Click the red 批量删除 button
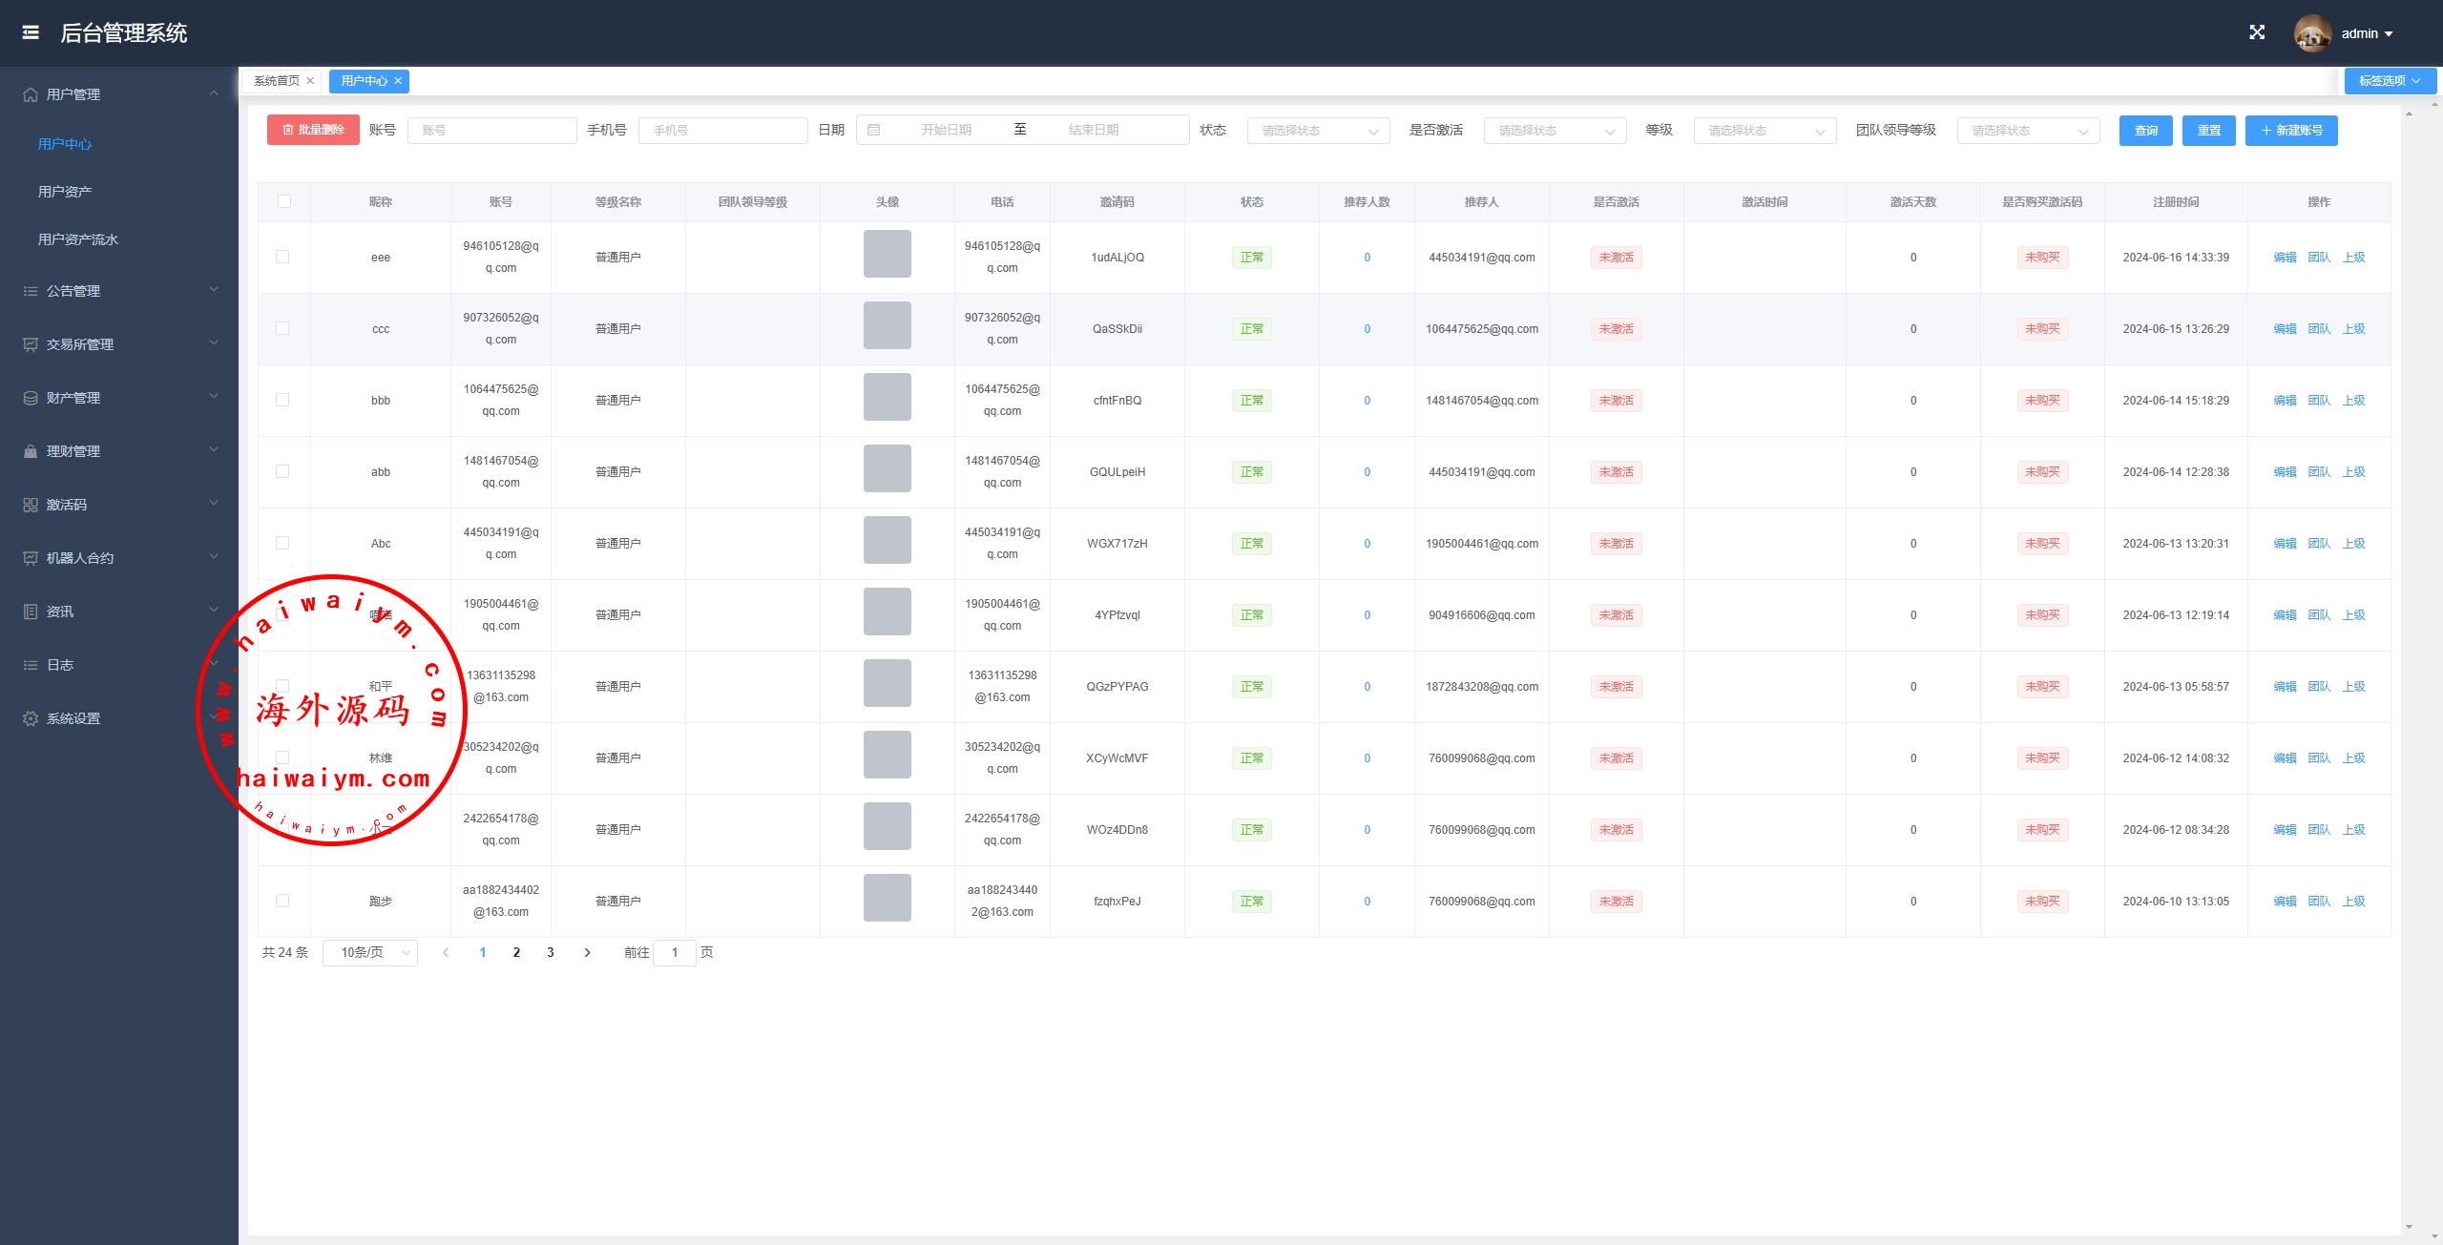point(313,130)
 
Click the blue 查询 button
point(2145,131)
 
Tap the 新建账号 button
point(2291,131)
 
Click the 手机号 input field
point(722,131)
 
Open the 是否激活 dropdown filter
point(1555,131)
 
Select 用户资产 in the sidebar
point(65,192)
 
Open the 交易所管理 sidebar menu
point(80,344)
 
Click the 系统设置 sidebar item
point(73,718)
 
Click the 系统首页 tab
point(277,81)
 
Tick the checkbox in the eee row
point(282,257)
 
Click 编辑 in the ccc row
point(2285,329)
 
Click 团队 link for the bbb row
point(2319,401)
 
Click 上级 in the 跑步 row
point(2353,902)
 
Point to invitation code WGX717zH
point(1117,544)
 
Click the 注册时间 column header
point(2175,202)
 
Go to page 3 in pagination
point(551,952)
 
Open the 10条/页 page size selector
point(370,952)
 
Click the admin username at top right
point(2359,33)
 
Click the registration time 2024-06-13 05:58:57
point(2176,687)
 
